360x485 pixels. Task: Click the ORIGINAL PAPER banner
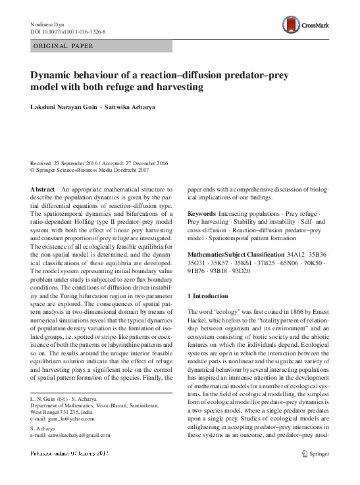click(x=63, y=45)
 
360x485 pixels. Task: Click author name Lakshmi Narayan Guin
click(x=68, y=106)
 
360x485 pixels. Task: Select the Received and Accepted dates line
click(x=99, y=162)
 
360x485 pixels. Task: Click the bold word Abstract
click(x=43, y=189)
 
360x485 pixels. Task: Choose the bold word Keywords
click(x=201, y=215)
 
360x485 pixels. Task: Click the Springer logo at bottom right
click(x=321, y=472)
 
